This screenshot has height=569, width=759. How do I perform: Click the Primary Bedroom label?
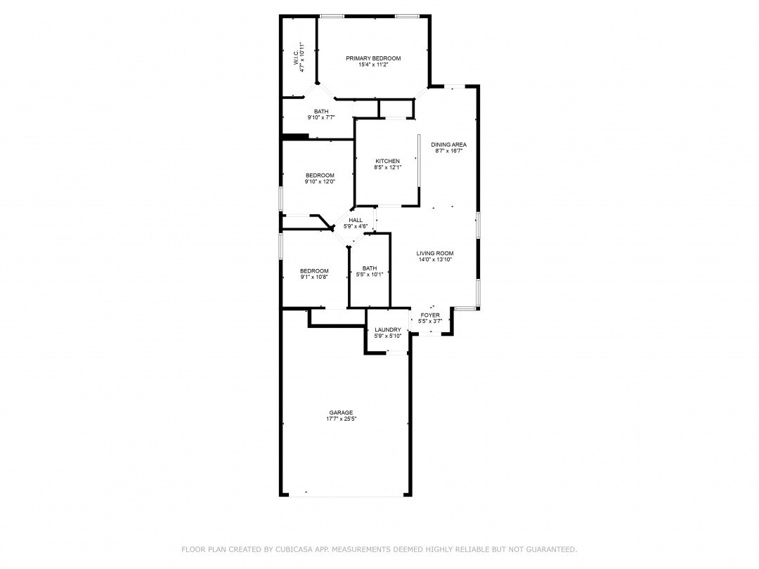pyautogui.click(x=373, y=58)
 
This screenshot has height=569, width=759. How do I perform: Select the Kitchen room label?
pyautogui.click(x=387, y=161)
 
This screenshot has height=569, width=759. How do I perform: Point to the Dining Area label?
pyautogui.click(x=448, y=145)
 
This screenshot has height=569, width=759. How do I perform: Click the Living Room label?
pyautogui.click(x=435, y=254)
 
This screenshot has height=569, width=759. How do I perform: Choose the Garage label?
pyautogui.click(x=341, y=412)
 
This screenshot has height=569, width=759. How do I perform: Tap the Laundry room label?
pyautogui.click(x=387, y=330)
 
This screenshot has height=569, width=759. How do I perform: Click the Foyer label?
pyautogui.click(x=429, y=315)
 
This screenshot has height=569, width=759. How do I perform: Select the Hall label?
pyautogui.click(x=356, y=220)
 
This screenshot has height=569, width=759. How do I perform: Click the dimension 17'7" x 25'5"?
pyautogui.click(x=341, y=419)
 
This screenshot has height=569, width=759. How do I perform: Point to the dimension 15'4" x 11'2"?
pyautogui.click(x=373, y=65)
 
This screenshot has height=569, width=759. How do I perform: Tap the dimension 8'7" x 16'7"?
pyautogui.click(x=448, y=151)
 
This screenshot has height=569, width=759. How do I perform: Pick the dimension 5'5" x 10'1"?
pyautogui.click(x=370, y=275)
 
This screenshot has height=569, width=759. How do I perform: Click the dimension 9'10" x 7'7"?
pyautogui.click(x=321, y=117)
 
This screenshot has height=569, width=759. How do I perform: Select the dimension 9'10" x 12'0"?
pyautogui.click(x=320, y=182)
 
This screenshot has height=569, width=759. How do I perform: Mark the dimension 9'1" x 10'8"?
pyautogui.click(x=314, y=277)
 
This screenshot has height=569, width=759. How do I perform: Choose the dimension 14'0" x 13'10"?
pyautogui.click(x=435, y=260)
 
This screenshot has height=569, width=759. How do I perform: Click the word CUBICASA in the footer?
pyautogui.click(x=290, y=549)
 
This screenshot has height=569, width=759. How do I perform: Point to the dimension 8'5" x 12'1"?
pyautogui.click(x=387, y=167)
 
